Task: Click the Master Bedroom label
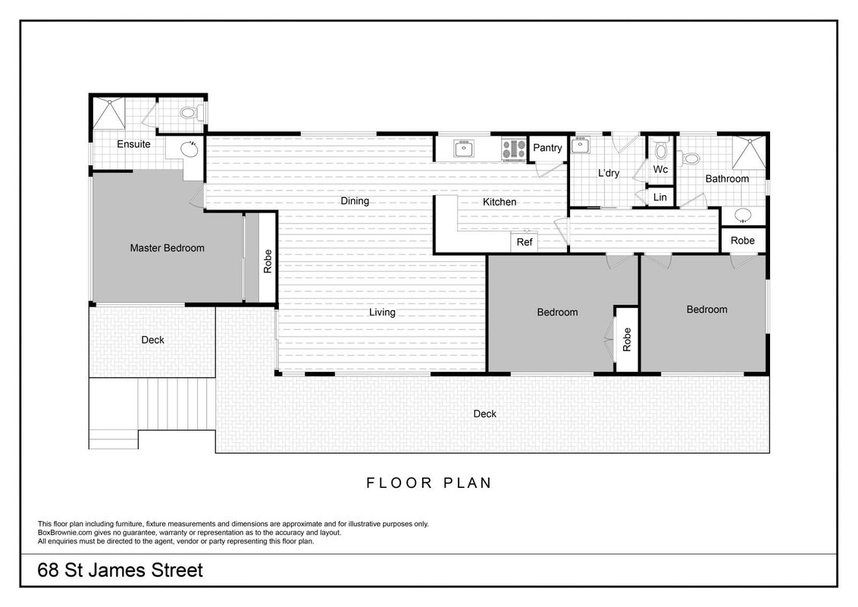tap(167, 247)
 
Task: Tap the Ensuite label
tap(133, 144)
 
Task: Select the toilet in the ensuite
tap(192, 113)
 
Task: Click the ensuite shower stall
tap(108, 113)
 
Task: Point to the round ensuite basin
tap(189, 149)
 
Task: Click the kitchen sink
tap(464, 149)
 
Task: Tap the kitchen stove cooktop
tap(514, 149)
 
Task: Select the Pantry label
tap(547, 148)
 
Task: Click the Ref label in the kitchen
tap(525, 241)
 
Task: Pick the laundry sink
tap(580, 145)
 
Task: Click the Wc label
tap(660, 169)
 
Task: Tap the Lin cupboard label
tap(660, 197)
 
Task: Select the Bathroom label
tap(727, 178)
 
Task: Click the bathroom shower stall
tap(749, 153)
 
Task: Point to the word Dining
tap(355, 201)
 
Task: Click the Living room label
tap(382, 313)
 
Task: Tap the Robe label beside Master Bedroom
tap(268, 261)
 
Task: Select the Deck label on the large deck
tap(485, 414)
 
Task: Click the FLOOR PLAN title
tap(429, 483)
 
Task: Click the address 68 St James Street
tap(120, 571)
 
